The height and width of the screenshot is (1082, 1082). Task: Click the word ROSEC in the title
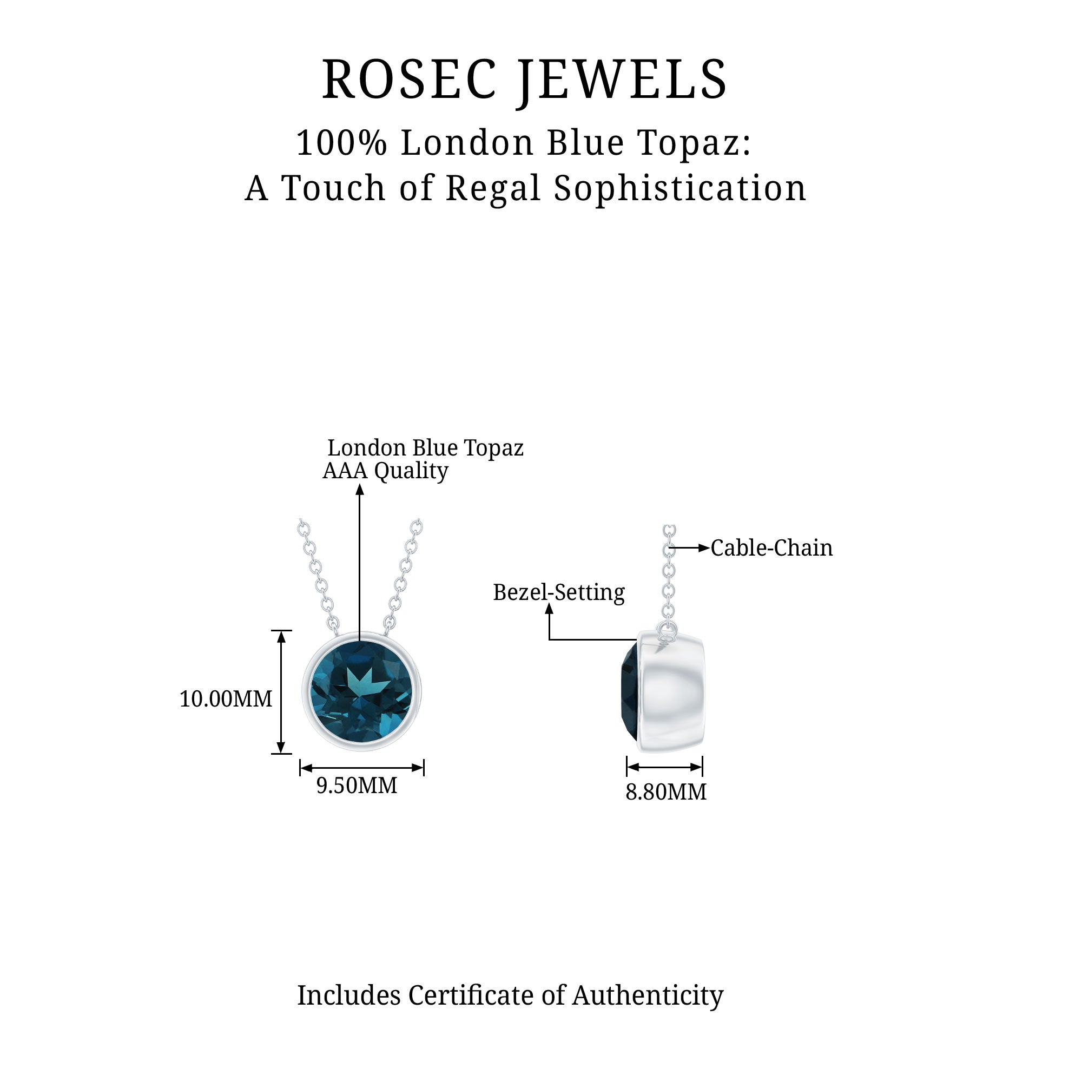point(410,80)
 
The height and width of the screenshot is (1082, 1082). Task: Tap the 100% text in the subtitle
point(341,143)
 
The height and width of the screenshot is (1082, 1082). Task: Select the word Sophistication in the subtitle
point(680,188)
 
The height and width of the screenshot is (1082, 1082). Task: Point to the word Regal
point(493,188)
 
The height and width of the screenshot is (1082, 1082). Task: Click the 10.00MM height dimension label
point(226,699)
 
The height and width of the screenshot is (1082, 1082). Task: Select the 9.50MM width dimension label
point(357,786)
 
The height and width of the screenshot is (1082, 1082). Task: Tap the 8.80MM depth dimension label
point(666,793)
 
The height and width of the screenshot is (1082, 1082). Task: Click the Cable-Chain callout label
point(771,548)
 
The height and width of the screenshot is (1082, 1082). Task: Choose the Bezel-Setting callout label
point(558,592)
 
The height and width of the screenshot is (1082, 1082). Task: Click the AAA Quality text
point(385,471)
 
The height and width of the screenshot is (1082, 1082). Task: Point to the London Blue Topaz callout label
point(425,448)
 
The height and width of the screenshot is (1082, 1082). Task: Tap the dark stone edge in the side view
point(630,695)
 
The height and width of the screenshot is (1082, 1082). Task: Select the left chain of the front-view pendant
point(318,577)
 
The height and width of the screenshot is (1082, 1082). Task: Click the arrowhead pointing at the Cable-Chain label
point(704,548)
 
